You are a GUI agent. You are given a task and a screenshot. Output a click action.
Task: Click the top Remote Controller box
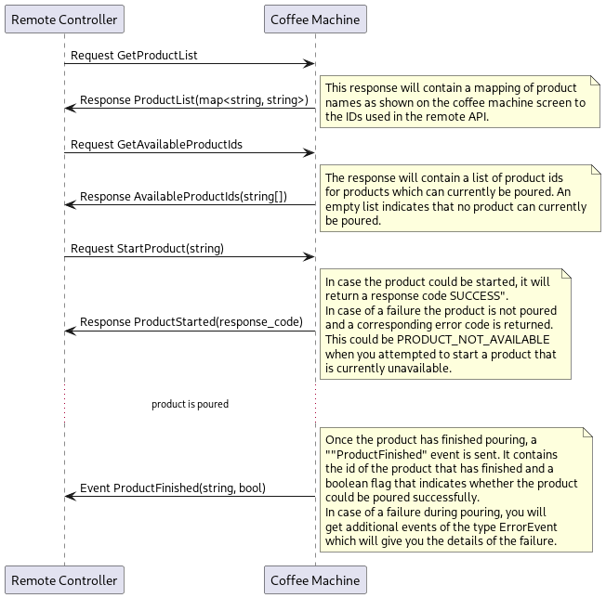tap(64, 19)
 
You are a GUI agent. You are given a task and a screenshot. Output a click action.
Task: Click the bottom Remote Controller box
tap(64, 580)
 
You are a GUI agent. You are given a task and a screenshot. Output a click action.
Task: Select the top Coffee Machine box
tap(315, 19)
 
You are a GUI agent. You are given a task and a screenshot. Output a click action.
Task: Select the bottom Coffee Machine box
tap(315, 580)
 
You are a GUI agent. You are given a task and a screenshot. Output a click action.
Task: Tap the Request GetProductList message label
tap(134, 56)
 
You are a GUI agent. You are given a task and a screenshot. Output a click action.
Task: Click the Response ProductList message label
tap(193, 100)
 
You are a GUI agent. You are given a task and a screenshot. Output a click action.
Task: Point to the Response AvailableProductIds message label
tap(183, 197)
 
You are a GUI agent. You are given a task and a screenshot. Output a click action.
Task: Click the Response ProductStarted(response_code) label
tap(191, 322)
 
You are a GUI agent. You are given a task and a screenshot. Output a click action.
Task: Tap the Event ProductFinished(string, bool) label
tap(172, 487)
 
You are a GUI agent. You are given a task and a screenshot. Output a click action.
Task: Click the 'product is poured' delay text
tap(190, 404)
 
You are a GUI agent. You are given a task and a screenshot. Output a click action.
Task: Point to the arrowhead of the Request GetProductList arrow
tap(311, 64)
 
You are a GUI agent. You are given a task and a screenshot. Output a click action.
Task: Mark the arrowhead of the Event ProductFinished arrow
tap(70, 496)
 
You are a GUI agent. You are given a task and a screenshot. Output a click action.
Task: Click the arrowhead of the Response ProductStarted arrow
tap(70, 331)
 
